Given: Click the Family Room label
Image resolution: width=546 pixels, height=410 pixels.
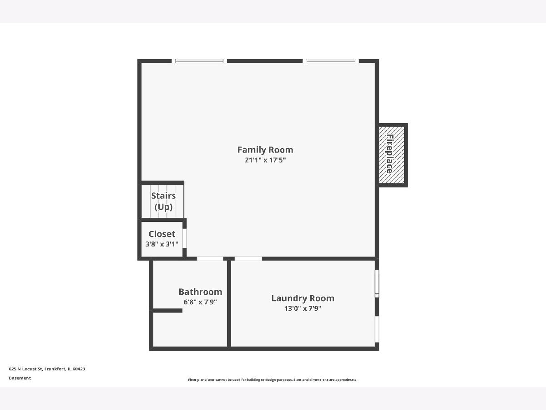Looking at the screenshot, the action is [x=265, y=149].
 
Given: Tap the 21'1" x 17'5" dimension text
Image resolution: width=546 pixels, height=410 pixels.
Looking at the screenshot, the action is [x=265, y=160].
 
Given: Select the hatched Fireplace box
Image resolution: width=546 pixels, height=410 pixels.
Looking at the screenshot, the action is [x=391, y=155].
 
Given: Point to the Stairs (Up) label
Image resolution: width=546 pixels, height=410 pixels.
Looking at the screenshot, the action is [x=163, y=201].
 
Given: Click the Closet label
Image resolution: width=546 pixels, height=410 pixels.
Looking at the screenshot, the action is [x=162, y=234].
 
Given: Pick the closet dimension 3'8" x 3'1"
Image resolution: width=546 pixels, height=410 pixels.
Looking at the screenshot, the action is [x=162, y=244].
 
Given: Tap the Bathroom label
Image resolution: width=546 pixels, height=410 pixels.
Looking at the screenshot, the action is [x=200, y=292].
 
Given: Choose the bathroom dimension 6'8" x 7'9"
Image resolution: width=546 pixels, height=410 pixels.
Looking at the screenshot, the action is [x=200, y=302].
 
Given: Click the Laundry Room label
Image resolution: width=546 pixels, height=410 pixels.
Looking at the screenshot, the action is [x=303, y=298].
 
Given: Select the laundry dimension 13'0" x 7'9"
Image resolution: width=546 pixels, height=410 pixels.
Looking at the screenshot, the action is [x=303, y=308].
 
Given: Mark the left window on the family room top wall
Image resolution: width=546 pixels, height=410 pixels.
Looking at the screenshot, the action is [x=199, y=61].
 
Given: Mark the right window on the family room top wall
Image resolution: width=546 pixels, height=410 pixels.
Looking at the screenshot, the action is [x=331, y=61].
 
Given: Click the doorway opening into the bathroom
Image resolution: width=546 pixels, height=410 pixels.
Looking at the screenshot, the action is [x=210, y=259].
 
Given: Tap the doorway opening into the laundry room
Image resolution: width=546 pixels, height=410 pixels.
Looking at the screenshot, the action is [x=248, y=259].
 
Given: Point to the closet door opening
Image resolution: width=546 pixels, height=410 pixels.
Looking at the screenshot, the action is [x=185, y=238].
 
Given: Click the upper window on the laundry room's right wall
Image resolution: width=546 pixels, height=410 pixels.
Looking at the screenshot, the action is [x=377, y=283].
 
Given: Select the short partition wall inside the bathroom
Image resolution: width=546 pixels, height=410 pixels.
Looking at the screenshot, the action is [x=167, y=311].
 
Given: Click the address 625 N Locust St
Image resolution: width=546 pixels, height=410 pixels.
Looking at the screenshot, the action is [x=25, y=369].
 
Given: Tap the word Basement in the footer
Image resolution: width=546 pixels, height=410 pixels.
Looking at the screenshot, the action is [x=20, y=378].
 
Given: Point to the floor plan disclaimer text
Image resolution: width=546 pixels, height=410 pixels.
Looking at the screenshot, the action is [x=273, y=379].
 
